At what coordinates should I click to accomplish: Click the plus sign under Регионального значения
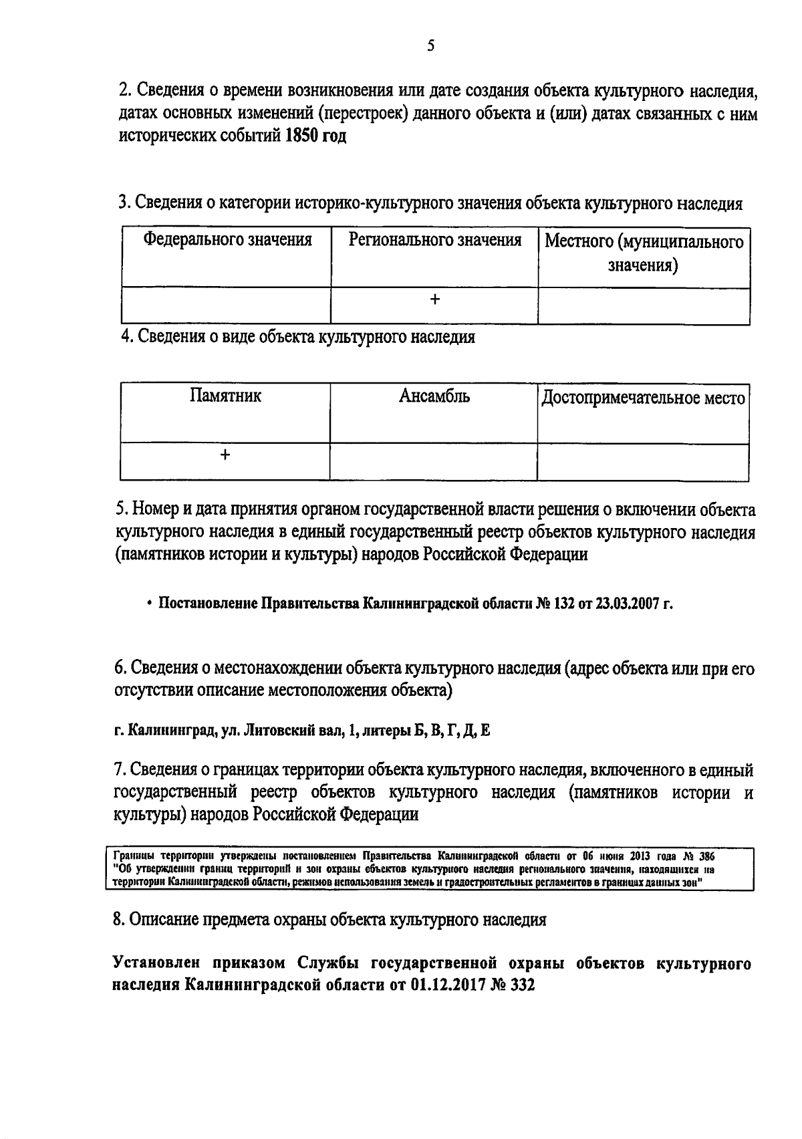pyautogui.click(x=435, y=299)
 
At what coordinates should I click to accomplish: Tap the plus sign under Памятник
pyautogui.click(x=225, y=455)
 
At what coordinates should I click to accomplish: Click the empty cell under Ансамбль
pyautogui.click(x=433, y=462)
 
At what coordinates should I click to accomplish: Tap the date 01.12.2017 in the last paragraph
pyautogui.click(x=444, y=985)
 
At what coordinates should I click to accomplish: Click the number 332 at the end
pyautogui.click(x=522, y=985)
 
